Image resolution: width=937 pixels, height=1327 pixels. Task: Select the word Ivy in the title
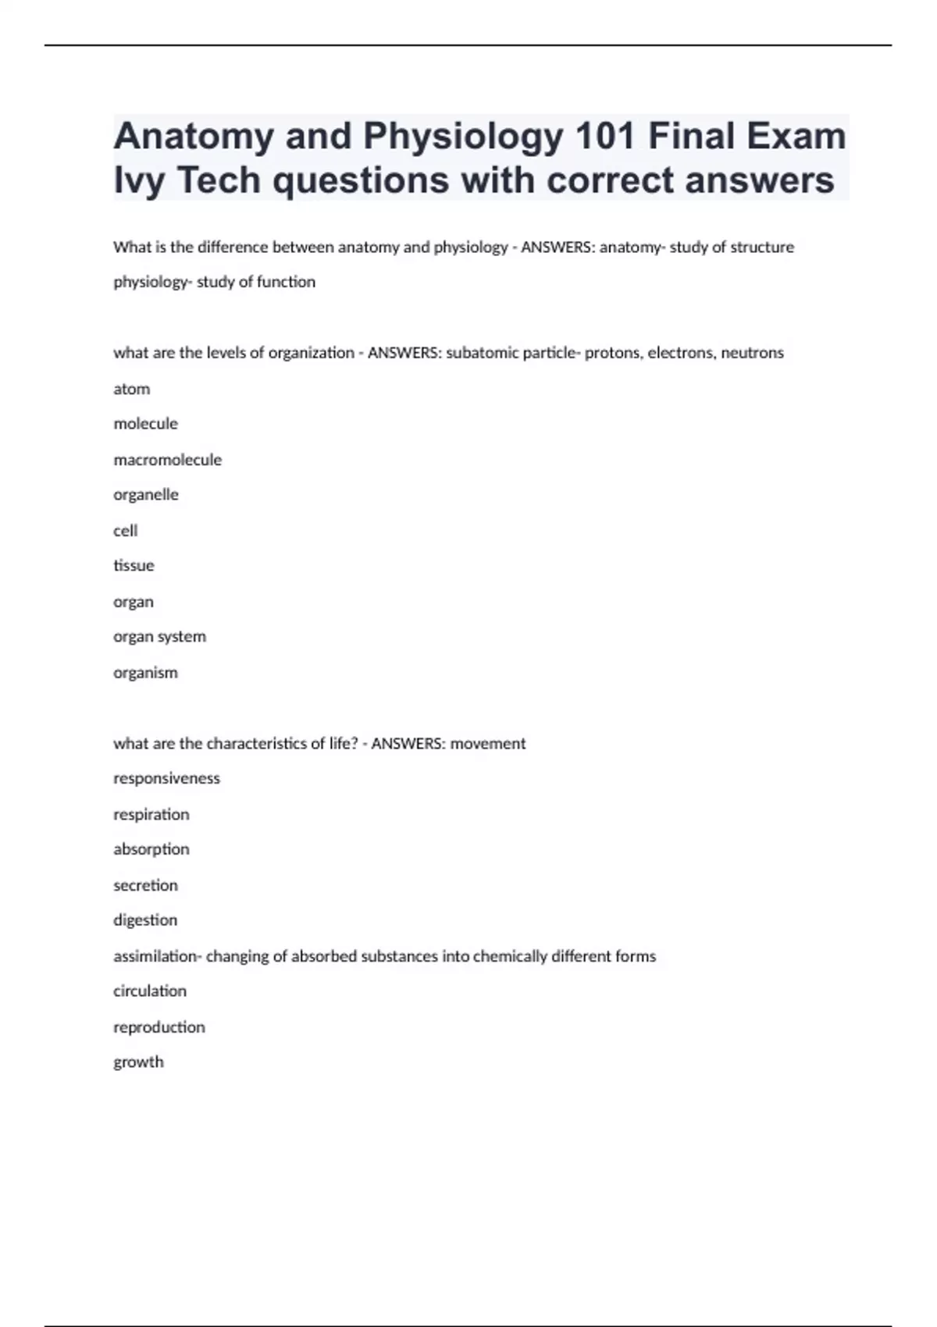pyautogui.click(x=139, y=181)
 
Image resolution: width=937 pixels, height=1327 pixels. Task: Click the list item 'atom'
pyautogui.click(x=131, y=389)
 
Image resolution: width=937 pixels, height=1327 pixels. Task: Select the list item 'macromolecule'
pyautogui.click(x=167, y=460)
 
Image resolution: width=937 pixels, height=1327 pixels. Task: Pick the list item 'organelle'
pyautogui.click(x=145, y=495)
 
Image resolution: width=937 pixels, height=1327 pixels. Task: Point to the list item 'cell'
pyautogui.click(x=125, y=531)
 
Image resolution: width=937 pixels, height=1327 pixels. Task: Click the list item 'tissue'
pyautogui.click(x=134, y=566)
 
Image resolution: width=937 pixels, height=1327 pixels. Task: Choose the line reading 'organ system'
pyautogui.click(x=159, y=637)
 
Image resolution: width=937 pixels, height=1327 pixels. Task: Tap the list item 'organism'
pyautogui.click(x=145, y=673)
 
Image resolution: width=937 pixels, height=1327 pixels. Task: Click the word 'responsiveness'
pyautogui.click(x=166, y=778)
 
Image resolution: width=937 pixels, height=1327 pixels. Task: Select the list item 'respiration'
pyautogui.click(x=151, y=814)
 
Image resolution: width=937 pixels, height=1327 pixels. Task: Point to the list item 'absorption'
pyautogui.click(x=151, y=849)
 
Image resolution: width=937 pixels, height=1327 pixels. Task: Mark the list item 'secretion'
pyautogui.click(x=145, y=885)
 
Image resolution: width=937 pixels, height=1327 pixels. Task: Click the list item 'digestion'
pyautogui.click(x=145, y=920)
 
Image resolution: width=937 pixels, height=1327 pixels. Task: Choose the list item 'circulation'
pyautogui.click(x=150, y=991)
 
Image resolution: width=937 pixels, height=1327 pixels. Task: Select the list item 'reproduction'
pyautogui.click(x=159, y=1027)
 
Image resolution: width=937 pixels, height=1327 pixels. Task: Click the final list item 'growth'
pyautogui.click(x=138, y=1062)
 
